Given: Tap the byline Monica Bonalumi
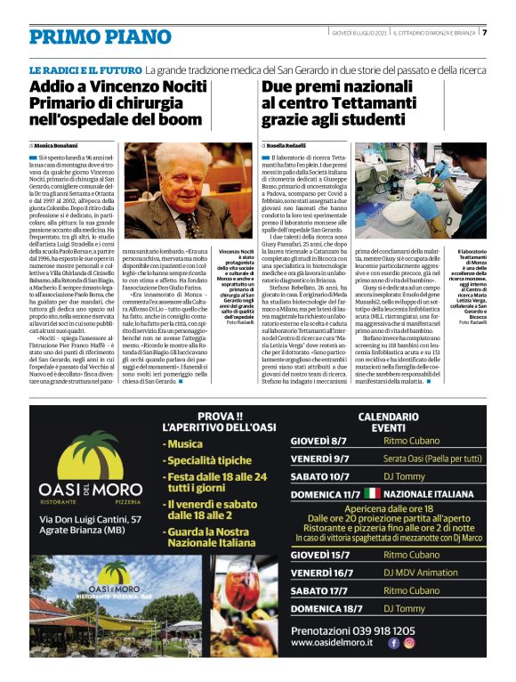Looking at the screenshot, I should (58, 144).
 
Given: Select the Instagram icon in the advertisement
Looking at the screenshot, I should (409, 642).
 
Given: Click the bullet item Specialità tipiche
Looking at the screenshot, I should (211, 460).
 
